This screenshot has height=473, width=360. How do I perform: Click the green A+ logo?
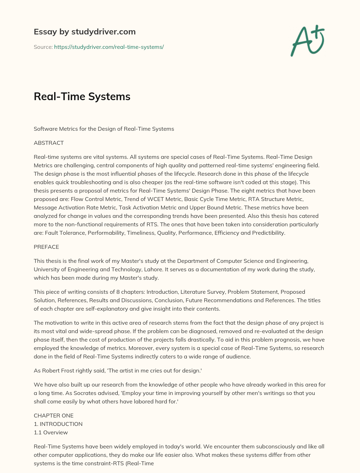click(x=308, y=41)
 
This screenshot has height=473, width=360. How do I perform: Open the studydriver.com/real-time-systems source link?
click(x=109, y=47)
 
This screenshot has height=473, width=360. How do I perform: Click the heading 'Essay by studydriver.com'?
click(x=85, y=32)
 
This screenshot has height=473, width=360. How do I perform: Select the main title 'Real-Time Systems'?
click(x=82, y=96)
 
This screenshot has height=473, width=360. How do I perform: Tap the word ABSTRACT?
click(x=49, y=143)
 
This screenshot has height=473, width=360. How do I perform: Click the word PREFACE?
click(x=46, y=247)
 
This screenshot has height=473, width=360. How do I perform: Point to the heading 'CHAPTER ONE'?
click(x=53, y=415)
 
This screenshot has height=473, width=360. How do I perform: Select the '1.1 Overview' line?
click(x=51, y=432)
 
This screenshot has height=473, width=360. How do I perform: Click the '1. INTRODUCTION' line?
click(x=58, y=424)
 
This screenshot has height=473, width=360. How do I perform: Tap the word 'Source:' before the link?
click(x=43, y=47)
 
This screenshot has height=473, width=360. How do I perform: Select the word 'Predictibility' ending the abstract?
click(x=268, y=233)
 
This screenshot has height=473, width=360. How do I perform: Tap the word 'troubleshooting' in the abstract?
click(x=74, y=182)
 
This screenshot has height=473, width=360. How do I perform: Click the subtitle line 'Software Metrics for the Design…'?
click(x=104, y=129)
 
